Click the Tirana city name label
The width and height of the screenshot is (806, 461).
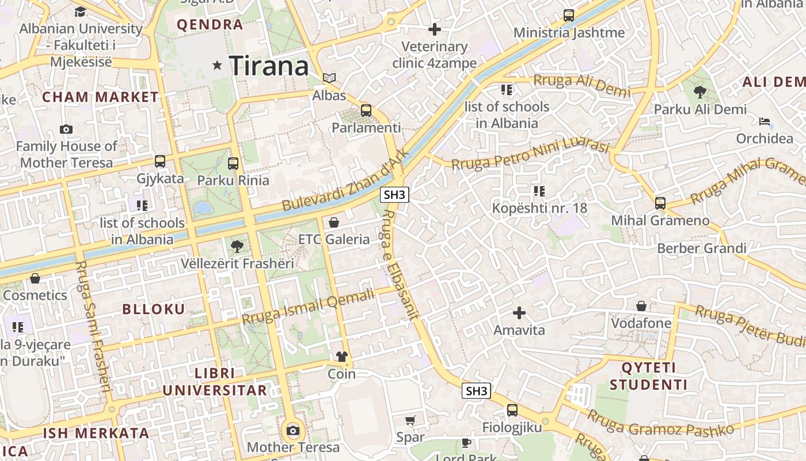269,66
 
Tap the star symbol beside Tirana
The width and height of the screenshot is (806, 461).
217,66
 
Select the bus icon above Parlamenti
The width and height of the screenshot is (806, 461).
366,110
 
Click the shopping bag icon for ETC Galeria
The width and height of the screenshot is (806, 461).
334,222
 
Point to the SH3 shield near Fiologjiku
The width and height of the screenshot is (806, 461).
477,391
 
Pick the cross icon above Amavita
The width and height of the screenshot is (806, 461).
519,313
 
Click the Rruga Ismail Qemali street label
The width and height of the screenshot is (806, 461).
308,307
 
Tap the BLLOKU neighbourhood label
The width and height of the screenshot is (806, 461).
154,309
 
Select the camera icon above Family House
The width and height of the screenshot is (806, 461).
66,129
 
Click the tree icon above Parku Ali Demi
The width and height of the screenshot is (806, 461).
700,92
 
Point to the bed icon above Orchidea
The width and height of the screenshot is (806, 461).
765,121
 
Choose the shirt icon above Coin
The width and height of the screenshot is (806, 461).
342,357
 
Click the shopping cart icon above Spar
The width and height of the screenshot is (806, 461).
410,420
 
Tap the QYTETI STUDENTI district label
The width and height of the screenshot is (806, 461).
648,376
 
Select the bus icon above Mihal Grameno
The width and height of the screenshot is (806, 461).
660,203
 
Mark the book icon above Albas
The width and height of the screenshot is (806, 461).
329,78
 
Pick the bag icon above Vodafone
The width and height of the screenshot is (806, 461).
641,306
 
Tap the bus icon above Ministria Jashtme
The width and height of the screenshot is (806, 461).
569,16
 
